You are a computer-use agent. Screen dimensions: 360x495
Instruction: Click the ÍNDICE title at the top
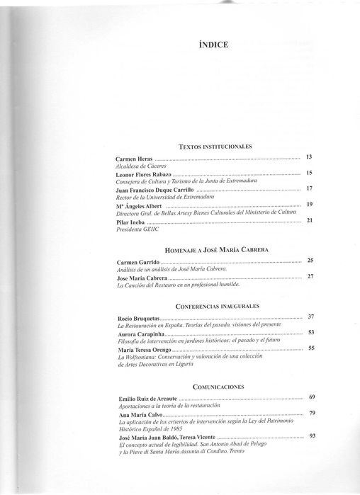tap(213, 46)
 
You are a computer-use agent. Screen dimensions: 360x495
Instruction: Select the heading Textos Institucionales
tap(213, 146)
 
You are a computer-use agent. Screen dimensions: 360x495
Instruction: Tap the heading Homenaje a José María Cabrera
tap(213, 251)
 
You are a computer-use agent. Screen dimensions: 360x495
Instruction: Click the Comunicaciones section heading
tap(213, 387)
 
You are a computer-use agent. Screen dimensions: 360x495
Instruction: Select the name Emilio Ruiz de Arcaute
tap(147, 399)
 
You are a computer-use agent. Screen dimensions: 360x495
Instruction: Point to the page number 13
tap(309, 156)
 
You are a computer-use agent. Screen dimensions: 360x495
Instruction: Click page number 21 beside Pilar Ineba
tap(309, 221)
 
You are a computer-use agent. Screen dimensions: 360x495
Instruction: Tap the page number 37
tap(310, 316)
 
